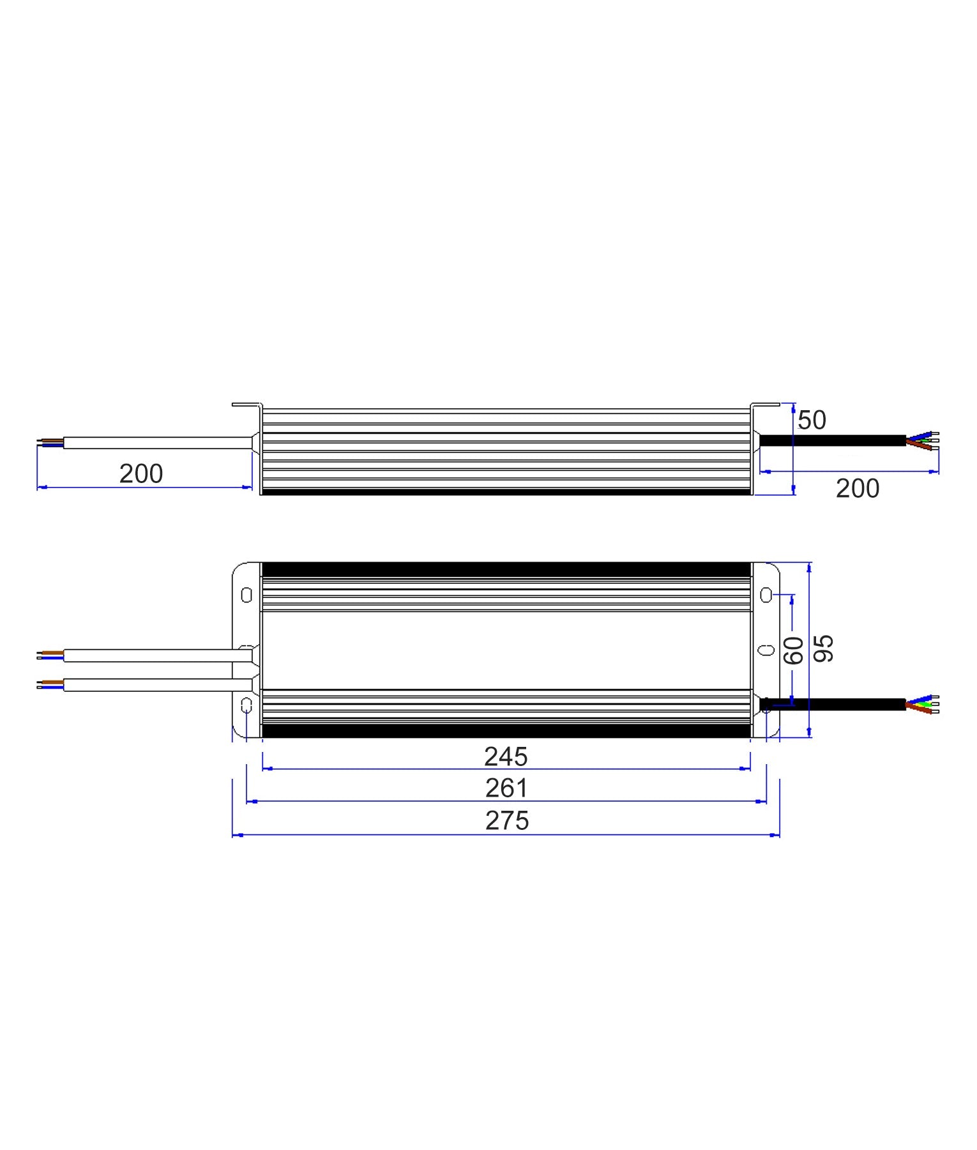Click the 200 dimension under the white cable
click(141, 474)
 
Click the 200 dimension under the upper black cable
click(857, 489)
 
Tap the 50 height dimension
click(812, 420)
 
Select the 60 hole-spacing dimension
click(794, 650)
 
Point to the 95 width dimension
click(824, 648)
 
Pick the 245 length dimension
click(506, 757)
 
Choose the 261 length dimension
click(506, 788)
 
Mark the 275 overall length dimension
click(507, 821)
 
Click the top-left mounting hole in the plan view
click(246, 595)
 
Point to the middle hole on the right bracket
click(766, 650)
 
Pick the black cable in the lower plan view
click(837, 705)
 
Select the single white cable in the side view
click(156, 443)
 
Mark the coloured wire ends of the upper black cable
click(923, 441)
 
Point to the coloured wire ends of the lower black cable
click(923, 704)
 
